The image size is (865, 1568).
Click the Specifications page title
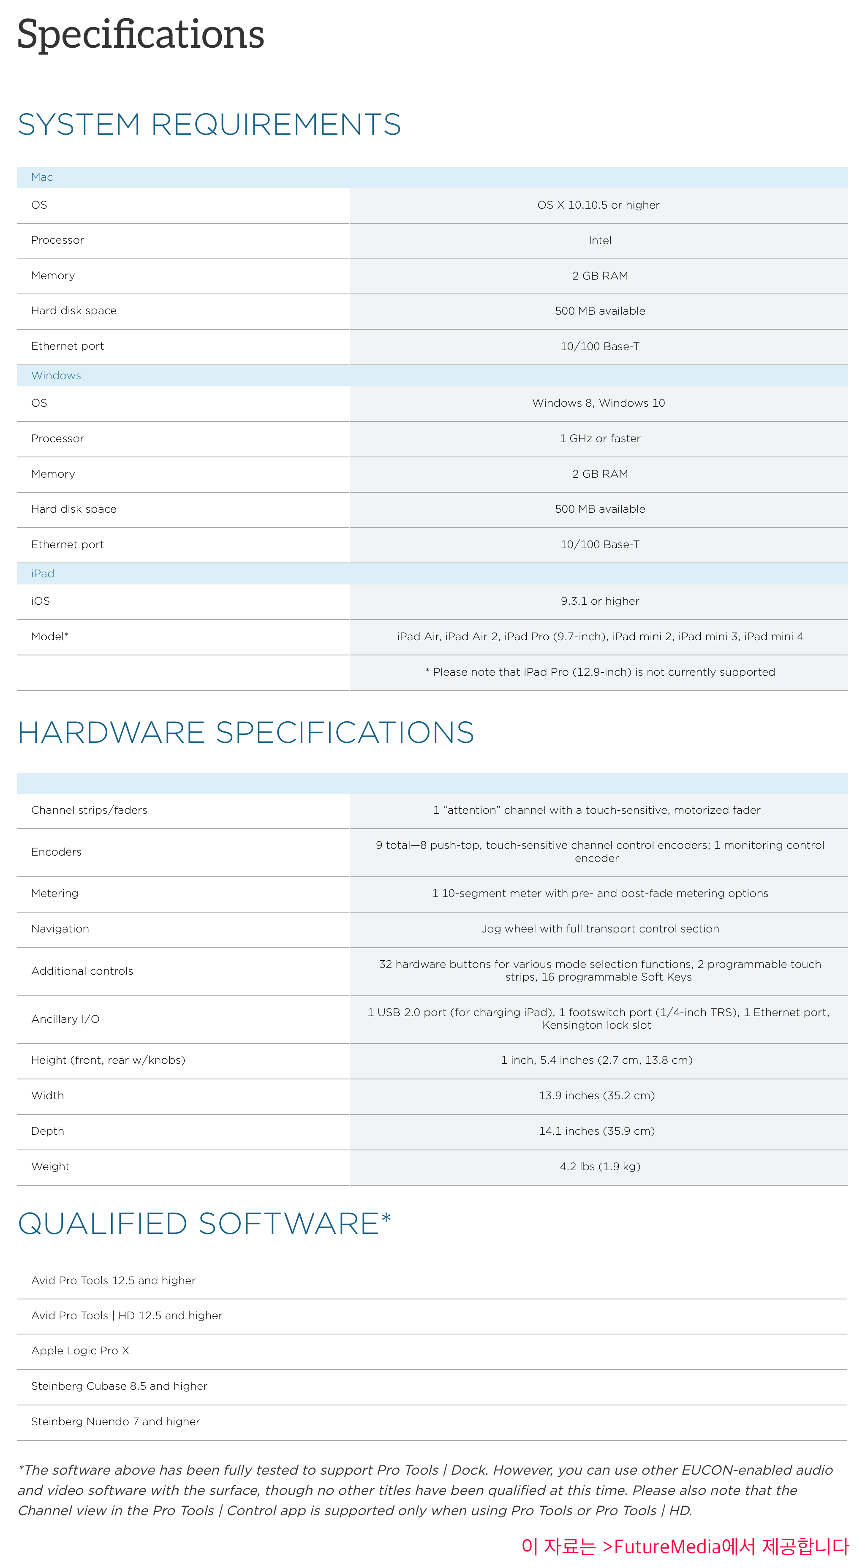141,34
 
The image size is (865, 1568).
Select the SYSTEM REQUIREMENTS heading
209,124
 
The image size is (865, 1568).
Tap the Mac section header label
42,177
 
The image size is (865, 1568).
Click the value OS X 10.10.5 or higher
598,205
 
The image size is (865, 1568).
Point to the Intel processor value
600,240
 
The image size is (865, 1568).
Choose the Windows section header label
56,375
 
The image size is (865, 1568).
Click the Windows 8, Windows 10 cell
598,403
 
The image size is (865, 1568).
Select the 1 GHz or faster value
600,438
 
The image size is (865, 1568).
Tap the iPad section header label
43,573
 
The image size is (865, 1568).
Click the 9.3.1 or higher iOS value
600,601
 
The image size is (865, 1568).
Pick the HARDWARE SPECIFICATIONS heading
245,732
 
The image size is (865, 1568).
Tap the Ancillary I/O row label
65,1019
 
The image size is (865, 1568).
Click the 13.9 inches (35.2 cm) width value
596,1095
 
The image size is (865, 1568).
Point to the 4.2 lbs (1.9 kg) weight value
600,1166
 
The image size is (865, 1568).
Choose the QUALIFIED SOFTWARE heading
204,1223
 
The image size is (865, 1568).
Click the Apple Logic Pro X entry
80,1351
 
